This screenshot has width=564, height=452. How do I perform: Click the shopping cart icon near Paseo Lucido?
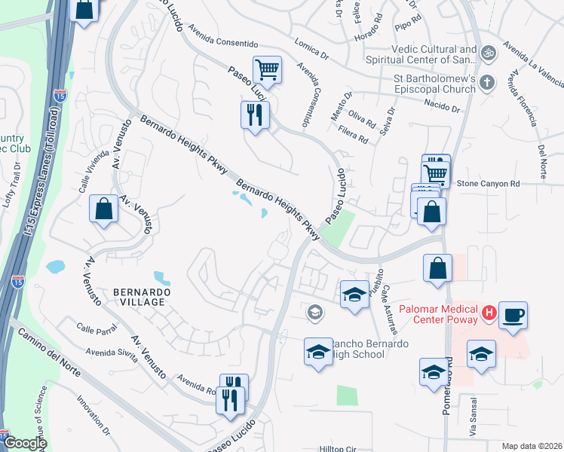267,71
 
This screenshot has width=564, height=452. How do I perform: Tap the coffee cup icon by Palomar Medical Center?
513,315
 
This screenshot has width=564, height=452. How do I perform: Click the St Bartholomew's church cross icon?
487,81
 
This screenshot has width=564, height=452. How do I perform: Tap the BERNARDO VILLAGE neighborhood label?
139,296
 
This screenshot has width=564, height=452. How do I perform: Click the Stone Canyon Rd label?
489,183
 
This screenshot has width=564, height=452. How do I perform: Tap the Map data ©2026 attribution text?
531,446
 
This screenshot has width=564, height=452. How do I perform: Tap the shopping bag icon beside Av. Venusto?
103,211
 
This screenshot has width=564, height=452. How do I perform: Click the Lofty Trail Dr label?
9,191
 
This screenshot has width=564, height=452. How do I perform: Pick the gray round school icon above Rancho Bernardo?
314,312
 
